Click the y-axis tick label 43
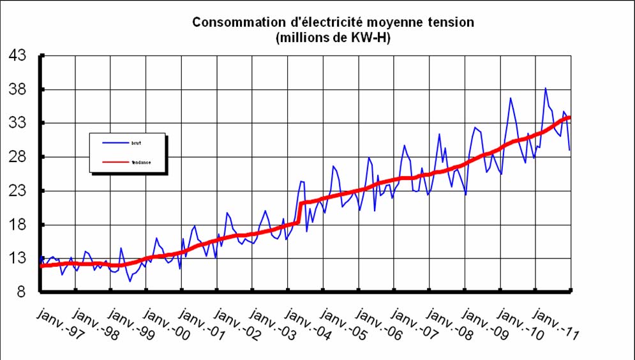point(18,56)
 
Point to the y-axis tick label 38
point(18,89)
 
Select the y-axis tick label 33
point(18,123)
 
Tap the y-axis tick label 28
point(18,157)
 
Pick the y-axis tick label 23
point(18,191)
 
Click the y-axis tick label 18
point(18,225)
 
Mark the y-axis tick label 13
point(18,259)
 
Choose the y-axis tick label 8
point(22,292)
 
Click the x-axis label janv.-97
point(57,324)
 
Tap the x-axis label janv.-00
point(164,324)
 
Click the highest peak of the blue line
point(546,88)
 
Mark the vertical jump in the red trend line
point(299,213)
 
